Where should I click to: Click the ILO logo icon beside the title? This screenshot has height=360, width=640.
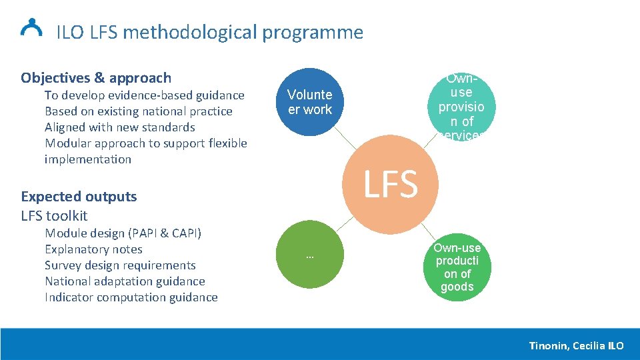[x=31, y=27]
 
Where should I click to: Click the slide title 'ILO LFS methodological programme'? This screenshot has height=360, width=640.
[x=209, y=32]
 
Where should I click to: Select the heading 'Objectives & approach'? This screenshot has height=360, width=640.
[x=96, y=78]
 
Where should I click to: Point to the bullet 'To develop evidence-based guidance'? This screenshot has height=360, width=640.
[x=144, y=95]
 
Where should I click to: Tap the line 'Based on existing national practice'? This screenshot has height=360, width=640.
[x=138, y=111]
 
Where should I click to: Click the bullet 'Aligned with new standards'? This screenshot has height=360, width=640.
[x=119, y=127]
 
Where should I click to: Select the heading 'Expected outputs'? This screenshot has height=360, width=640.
[x=79, y=197]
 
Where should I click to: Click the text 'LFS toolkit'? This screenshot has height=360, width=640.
[x=54, y=215]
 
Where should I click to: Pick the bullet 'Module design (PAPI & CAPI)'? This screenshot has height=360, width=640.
[x=123, y=233]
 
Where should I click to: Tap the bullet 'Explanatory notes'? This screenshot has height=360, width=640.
[x=93, y=249]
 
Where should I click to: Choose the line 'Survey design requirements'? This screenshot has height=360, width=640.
[x=120, y=265]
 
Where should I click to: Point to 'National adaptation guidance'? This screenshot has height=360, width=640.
[x=125, y=281]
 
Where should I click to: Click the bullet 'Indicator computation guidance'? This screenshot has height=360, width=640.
[x=131, y=297]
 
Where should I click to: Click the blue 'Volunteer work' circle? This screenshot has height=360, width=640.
[x=309, y=103]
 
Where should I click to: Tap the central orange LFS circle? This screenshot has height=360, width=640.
[x=390, y=184]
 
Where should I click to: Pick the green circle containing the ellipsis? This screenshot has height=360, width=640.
[x=309, y=257]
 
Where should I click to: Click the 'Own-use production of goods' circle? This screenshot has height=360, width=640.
[x=457, y=267]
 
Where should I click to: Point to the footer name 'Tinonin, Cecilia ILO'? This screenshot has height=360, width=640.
[x=576, y=345]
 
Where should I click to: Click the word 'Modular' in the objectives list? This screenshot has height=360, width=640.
[x=65, y=143]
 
